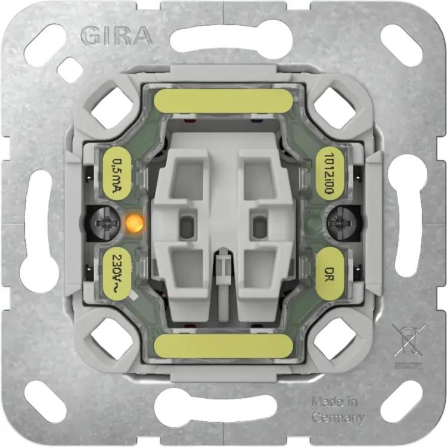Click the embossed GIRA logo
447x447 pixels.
[x=116, y=36]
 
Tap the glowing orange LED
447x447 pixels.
[x=134, y=222]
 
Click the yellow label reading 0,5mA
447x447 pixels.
[x=117, y=175]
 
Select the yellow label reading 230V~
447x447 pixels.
[x=117, y=274]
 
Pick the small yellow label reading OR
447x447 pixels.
[x=330, y=274]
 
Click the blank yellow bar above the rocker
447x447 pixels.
[x=223, y=100]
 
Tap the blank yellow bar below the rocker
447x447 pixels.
[x=223, y=346]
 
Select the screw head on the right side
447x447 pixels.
[x=340, y=222]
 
